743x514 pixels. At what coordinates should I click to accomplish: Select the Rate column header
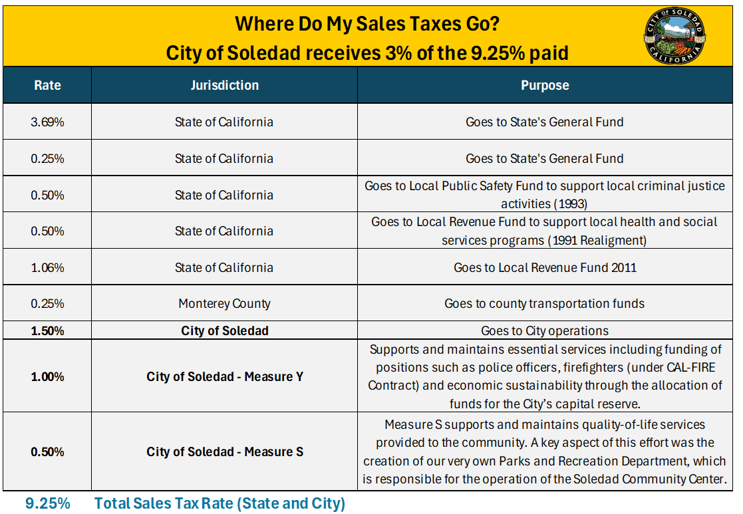47,86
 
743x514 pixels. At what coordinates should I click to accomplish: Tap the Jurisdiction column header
224,86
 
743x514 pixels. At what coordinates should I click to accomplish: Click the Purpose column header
545,86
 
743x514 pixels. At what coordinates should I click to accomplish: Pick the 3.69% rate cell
47,122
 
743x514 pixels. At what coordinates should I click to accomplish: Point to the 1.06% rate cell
47,268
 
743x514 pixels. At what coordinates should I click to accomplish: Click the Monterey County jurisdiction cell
224,304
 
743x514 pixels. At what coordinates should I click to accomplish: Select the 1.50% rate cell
47,330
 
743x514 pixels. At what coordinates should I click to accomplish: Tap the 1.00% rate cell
47,377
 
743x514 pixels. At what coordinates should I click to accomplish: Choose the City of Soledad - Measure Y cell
225,377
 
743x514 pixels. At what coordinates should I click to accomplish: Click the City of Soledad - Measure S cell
225,452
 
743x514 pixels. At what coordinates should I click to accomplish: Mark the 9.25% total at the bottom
47,503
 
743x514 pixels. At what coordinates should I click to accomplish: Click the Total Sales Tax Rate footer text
220,503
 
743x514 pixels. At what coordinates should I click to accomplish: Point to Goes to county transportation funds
544,304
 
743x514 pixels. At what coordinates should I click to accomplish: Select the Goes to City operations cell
544,330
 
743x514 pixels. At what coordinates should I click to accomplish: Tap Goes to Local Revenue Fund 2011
544,268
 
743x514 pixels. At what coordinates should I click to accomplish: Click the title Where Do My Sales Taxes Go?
367,25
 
